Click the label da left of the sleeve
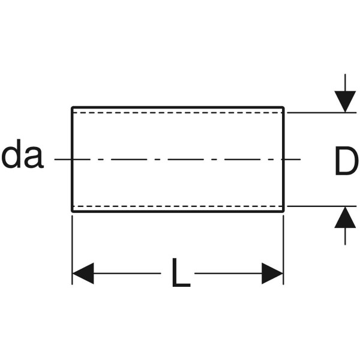click(x=22, y=157)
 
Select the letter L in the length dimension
click(x=180, y=274)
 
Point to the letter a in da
click(x=33, y=158)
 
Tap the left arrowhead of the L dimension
click(x=83, y=274)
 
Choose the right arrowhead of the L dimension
click(x=272, y=274)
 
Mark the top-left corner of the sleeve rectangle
click(x=72, y=108)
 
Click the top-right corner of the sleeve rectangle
click(x=283, y=108)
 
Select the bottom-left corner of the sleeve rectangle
click(x=72, y=211)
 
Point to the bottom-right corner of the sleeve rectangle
click(x=283, y=211)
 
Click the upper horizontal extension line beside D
click(x=318, y=112)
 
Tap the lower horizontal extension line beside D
click(x=318, y=206)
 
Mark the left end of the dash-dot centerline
click(x=55, y=160)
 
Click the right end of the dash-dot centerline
click(x=299, y=160)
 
